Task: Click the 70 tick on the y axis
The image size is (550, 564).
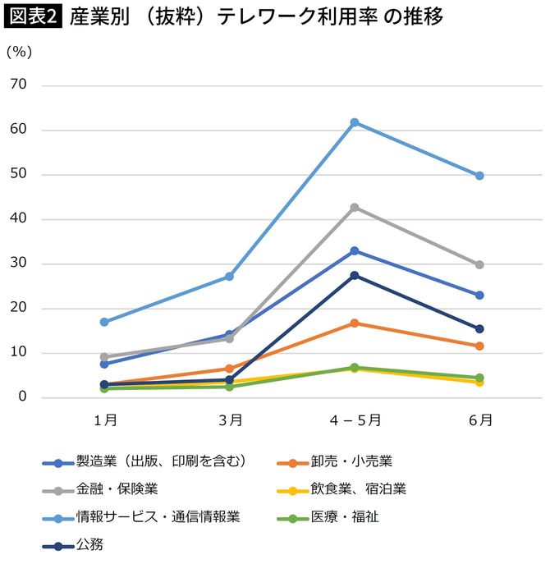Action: (18, 85)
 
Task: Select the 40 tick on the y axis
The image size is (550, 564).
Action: (18, 219)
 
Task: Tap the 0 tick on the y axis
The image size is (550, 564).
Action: (22, 398)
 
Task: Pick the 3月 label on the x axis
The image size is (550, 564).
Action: (230, 420)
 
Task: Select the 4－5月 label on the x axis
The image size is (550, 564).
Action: (355, 420)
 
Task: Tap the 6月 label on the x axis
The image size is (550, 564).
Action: (480, 420)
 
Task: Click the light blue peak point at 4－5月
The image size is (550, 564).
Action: (355, 122)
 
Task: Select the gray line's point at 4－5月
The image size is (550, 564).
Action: (355, 207)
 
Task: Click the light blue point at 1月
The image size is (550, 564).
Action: (104, 322)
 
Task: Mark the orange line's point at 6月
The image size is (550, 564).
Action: (480, 346)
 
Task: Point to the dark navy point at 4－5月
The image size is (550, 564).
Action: (355, 275)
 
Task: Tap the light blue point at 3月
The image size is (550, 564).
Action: (230, 277)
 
